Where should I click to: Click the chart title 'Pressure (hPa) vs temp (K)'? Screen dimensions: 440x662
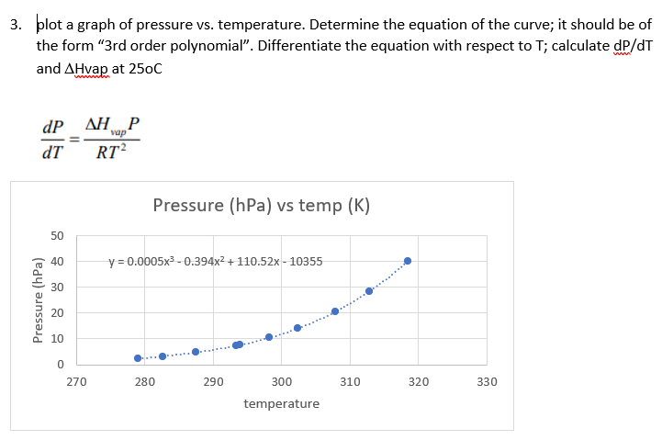[x=261, y=205]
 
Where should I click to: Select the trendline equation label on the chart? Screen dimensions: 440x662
[x=215, y=261]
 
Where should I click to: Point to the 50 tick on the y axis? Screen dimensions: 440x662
[x=57, y=236]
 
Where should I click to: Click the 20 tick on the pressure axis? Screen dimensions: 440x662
[x=57, y=313]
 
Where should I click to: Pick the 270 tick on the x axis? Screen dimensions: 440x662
[x=77, y=380]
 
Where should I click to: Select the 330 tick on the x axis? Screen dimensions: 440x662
[x=487, y=380]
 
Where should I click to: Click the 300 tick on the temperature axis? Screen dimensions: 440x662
[x=282, y=380]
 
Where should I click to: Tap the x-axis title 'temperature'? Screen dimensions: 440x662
[x=282, y=403]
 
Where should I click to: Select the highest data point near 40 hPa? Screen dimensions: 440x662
[x=408, y=261]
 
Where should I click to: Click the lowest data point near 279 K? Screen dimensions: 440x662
[x=138, y=358]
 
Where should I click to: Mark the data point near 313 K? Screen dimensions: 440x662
[x=369, y=291]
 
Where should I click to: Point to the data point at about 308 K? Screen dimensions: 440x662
[x=335, y=311]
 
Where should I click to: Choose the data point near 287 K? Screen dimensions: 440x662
[x=196, y=352]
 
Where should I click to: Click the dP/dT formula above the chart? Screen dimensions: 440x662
[x=92, y=139]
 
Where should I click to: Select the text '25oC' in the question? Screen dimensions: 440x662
[x=143, y=69]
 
